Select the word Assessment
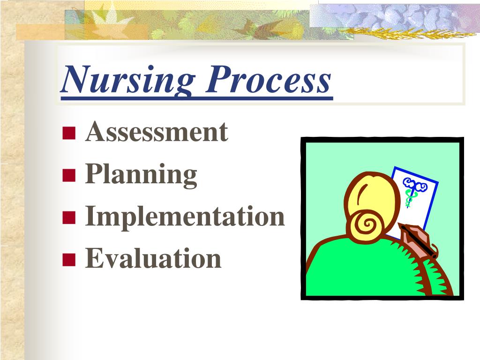coord(157,132)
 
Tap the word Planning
coord(141,174)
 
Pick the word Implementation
coord(185,217)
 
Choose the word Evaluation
coord(153,258)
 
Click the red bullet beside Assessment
coord(69,134)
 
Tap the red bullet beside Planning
coord(69,176)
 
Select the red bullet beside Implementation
coord(69,217)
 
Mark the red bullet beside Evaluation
coord(69,259)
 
